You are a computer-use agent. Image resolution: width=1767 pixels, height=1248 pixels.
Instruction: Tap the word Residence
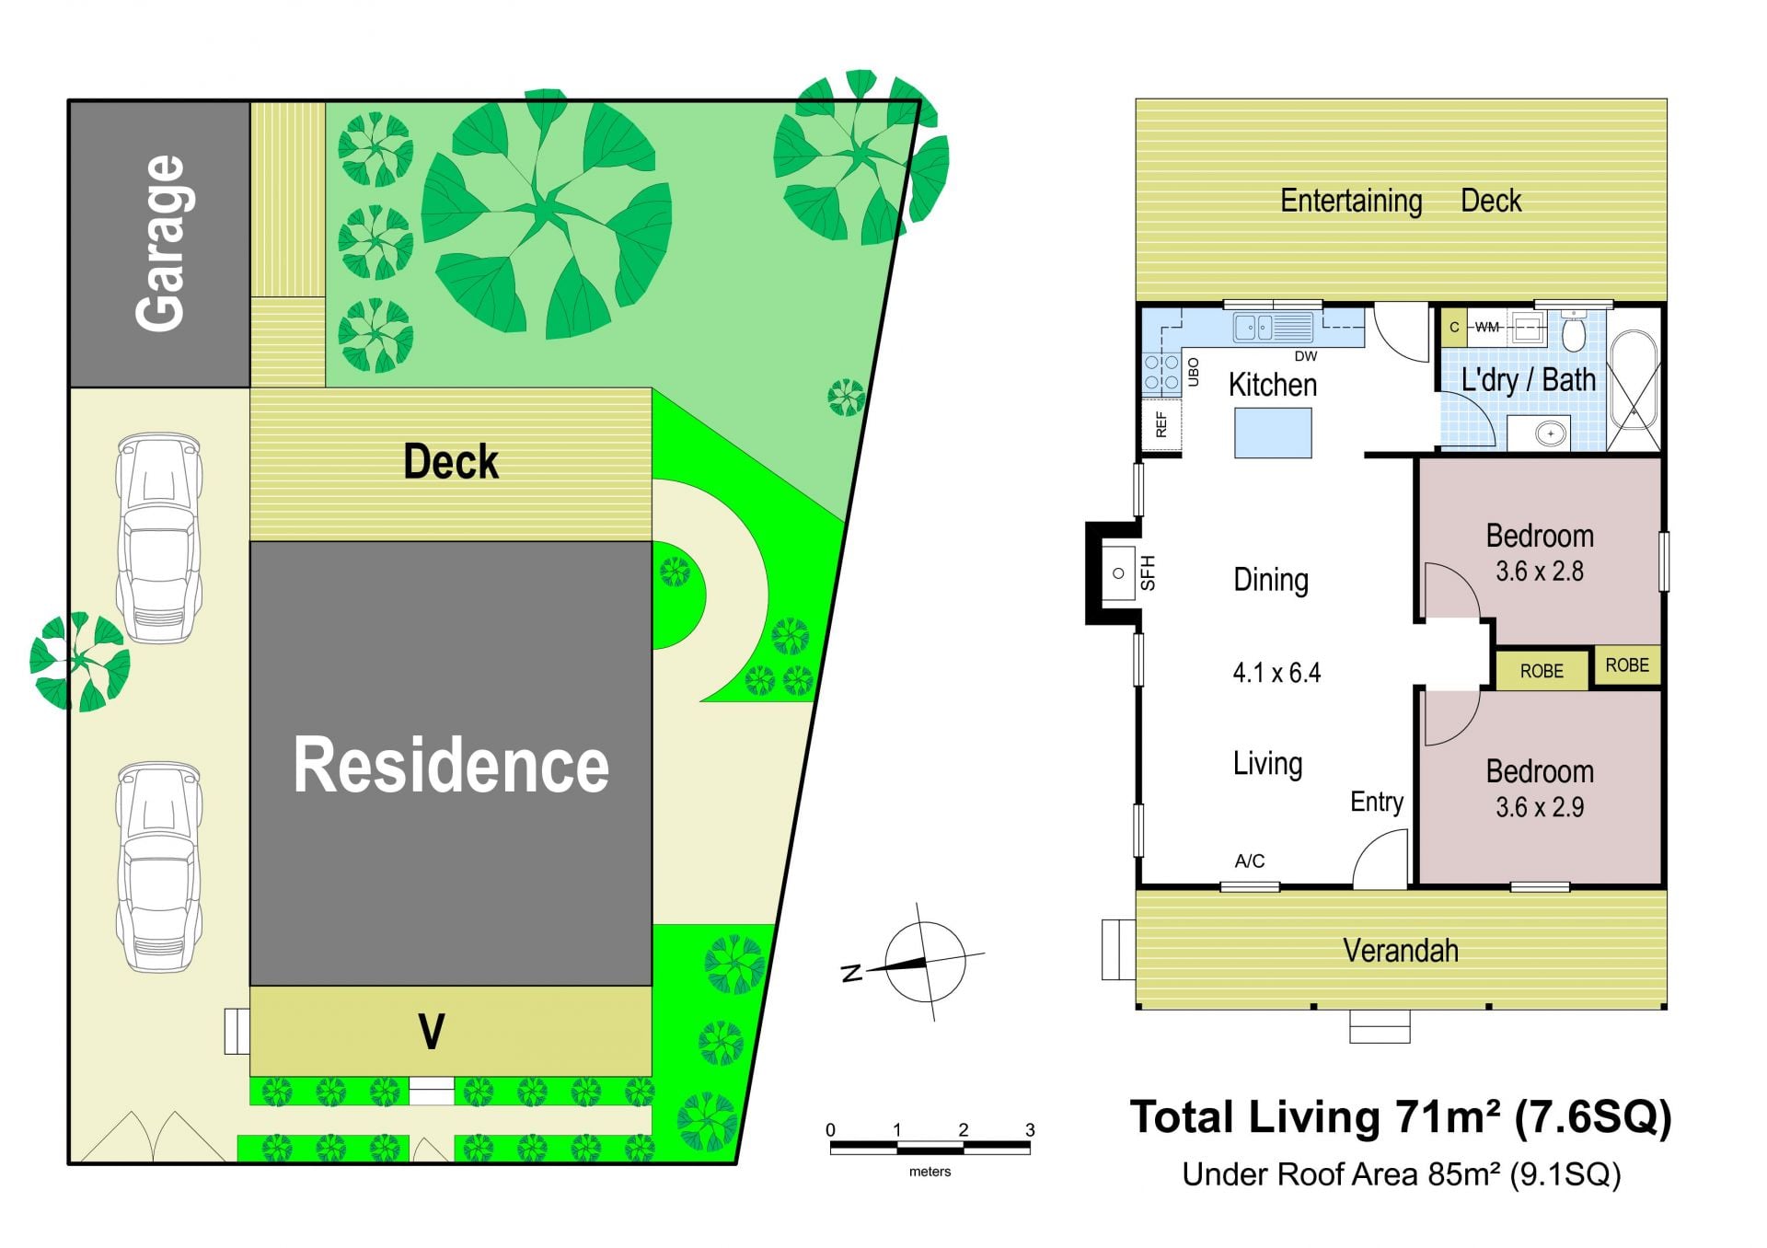(451, 765)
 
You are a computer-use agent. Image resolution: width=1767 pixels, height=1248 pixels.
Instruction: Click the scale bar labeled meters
(930, 1148)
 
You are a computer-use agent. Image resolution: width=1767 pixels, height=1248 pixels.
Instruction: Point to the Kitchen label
(1273, 385)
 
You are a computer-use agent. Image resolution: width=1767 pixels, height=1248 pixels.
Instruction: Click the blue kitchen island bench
(1273, 433)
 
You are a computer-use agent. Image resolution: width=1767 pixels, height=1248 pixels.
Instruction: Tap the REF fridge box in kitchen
(1161, 424)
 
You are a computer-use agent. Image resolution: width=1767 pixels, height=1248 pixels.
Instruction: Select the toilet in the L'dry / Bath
(1574, 331)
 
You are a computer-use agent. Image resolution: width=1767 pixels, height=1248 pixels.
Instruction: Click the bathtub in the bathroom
(1634, 379)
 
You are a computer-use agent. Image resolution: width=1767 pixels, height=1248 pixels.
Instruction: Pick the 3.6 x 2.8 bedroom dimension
(1540, 572)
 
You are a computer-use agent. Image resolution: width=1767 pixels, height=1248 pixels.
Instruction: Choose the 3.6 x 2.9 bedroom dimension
(1540, 808)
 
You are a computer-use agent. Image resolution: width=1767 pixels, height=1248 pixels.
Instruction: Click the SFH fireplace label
(1148, 572)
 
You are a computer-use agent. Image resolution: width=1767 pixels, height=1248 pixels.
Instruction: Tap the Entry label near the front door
(1377, 802)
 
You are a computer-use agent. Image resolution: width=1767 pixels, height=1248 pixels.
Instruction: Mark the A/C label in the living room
(1250, 861)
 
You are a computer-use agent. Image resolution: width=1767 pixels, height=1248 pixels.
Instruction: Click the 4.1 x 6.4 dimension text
(1276, 673)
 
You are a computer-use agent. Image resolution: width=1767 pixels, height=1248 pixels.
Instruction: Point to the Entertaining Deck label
(1401, 201)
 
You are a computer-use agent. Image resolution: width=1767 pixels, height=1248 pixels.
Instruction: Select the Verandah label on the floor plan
(1401, 951)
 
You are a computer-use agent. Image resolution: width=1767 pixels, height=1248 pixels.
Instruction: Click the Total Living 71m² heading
(1401, 1117)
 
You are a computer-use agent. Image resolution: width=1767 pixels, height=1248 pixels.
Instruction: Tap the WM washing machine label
(1487, 327)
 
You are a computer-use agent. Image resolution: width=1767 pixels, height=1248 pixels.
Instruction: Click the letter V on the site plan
(432, 1032)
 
